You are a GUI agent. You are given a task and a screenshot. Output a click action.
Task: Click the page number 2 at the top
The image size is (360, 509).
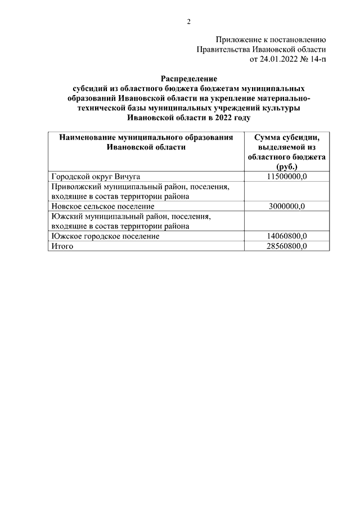(189, 22)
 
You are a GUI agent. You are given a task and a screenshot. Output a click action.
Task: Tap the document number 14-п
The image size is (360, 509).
(316, 59)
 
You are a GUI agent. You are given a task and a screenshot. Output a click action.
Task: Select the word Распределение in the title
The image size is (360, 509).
(188, 79)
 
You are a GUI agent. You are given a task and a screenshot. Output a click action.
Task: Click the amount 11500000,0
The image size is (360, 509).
(286, 176)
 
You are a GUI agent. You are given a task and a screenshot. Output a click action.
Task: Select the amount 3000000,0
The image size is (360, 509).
(286, 206)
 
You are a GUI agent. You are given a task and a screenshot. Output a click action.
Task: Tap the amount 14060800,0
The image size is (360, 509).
(286, 236)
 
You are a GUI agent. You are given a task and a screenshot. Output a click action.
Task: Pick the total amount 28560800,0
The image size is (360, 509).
(286, 246)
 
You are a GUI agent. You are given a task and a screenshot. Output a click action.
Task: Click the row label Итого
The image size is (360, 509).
(62, 246)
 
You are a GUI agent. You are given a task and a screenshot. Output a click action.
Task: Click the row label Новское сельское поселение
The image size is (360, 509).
(102, 206)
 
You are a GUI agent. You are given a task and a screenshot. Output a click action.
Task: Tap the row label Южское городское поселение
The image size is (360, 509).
(105, 236)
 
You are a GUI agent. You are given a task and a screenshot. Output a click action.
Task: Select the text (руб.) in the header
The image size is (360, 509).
(286, 167)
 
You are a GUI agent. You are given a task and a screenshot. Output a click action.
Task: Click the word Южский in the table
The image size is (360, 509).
(64, 217)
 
